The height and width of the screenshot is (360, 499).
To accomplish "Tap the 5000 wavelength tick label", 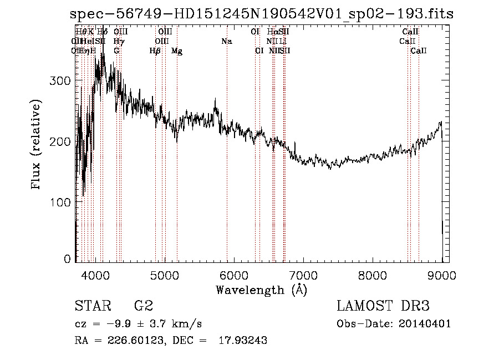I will [164, 275].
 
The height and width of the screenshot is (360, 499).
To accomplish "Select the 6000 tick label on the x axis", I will [233, 275].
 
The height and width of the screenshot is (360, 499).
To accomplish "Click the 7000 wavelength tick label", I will [303, 275].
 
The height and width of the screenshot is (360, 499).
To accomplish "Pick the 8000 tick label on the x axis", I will [373, 275].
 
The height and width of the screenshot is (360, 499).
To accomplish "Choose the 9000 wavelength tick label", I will [442, 275].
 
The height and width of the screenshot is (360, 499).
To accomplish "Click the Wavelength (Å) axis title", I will [261, 290].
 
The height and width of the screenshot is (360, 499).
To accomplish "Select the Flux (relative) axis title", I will [37, 145].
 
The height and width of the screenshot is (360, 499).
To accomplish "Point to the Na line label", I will [226, 42].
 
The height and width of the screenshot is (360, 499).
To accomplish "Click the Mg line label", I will [177, 51].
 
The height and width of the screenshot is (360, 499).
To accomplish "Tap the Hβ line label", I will [155, 51].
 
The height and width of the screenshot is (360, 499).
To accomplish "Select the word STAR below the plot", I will [92, 306].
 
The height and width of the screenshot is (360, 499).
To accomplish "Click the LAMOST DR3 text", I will [383, 306].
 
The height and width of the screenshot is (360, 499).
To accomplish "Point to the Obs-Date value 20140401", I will [427, 324].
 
